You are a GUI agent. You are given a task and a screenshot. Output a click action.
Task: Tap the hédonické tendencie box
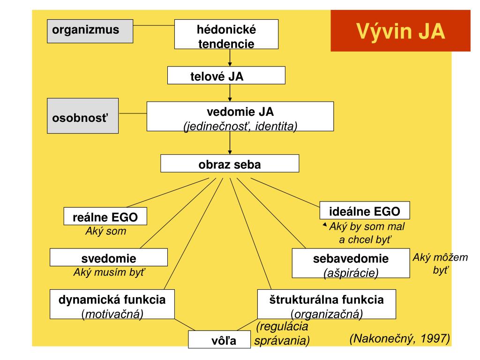pyautogui.click(x=226, y=37)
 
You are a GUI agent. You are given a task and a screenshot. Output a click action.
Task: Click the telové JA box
pyautogui.click(x=226, y=75)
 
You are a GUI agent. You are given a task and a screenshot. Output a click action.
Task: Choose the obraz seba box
pyautogui.click(x=229, y=165)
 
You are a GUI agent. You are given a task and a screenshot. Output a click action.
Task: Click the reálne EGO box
pyautogui.click(x=105, y=217)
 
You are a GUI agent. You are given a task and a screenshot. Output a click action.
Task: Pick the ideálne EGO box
pyautogui.click(x=365, y=210)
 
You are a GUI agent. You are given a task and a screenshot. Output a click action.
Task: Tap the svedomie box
pyautogui.click(x=108, y=258)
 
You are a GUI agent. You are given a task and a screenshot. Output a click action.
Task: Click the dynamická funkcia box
pyautogui.click(x=112, y=304)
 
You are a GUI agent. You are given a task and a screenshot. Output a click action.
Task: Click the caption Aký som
pyautogui.click(x=105, y=231)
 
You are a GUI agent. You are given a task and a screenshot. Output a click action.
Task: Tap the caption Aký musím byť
pyautogui.click(x=113, y=272)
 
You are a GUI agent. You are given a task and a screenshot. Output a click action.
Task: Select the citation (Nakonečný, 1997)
pyautogui.click(x=399, y=339)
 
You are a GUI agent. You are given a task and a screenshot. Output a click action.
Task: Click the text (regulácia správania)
pyautogui.click(x=282, y=333)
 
